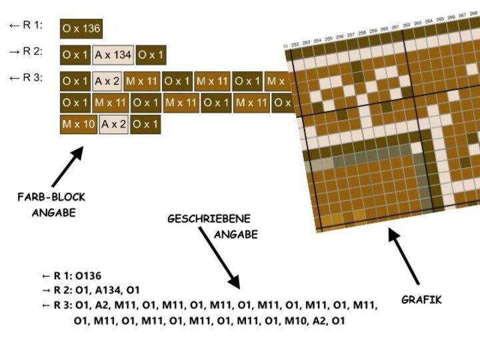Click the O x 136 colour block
[x=81, y=28]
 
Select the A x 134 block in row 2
[x=113, y=55]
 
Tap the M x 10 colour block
[x=79, y=124]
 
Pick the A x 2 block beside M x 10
[x=114, y=124]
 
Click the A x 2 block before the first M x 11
[x=107, y=81]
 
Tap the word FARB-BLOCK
[x=51, y=197]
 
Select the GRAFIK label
[x=421, y=300]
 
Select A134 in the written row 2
[x=113, y=290]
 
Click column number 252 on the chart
[x=295, y=43]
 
